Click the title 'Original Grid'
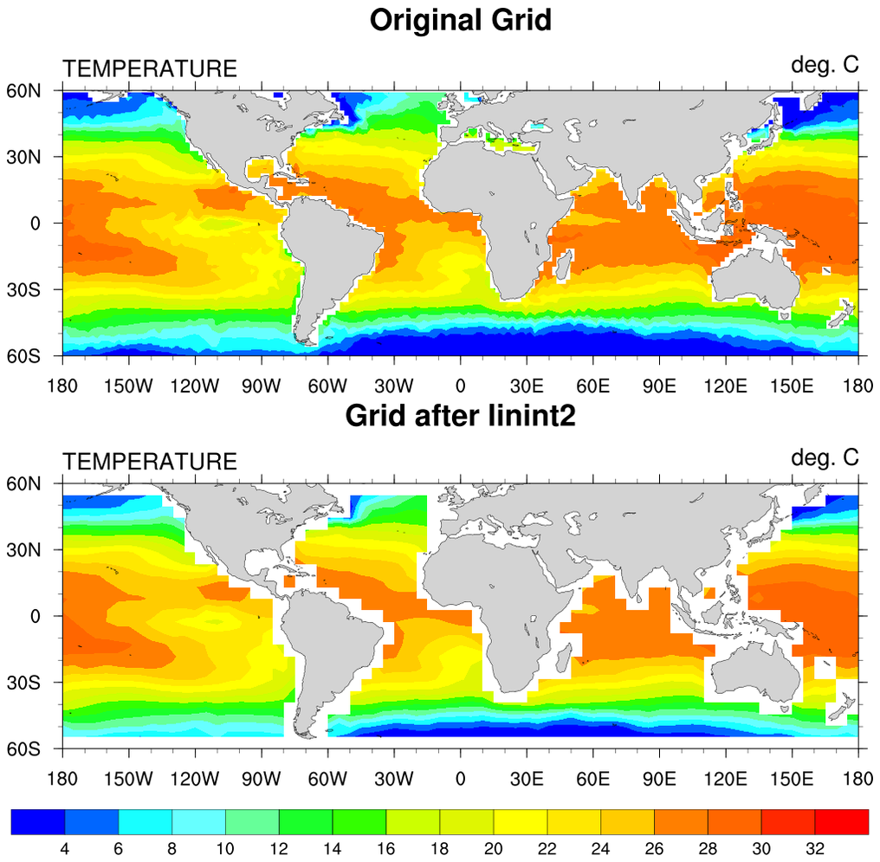click(x=460, y=19)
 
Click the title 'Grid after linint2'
click(x=460, y=416)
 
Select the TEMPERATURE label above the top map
click(x=149, y=69)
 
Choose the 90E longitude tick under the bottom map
click(x=659, y=778)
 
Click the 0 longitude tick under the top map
click(x=460, y=385)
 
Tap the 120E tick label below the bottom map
click(x=726, y=778)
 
